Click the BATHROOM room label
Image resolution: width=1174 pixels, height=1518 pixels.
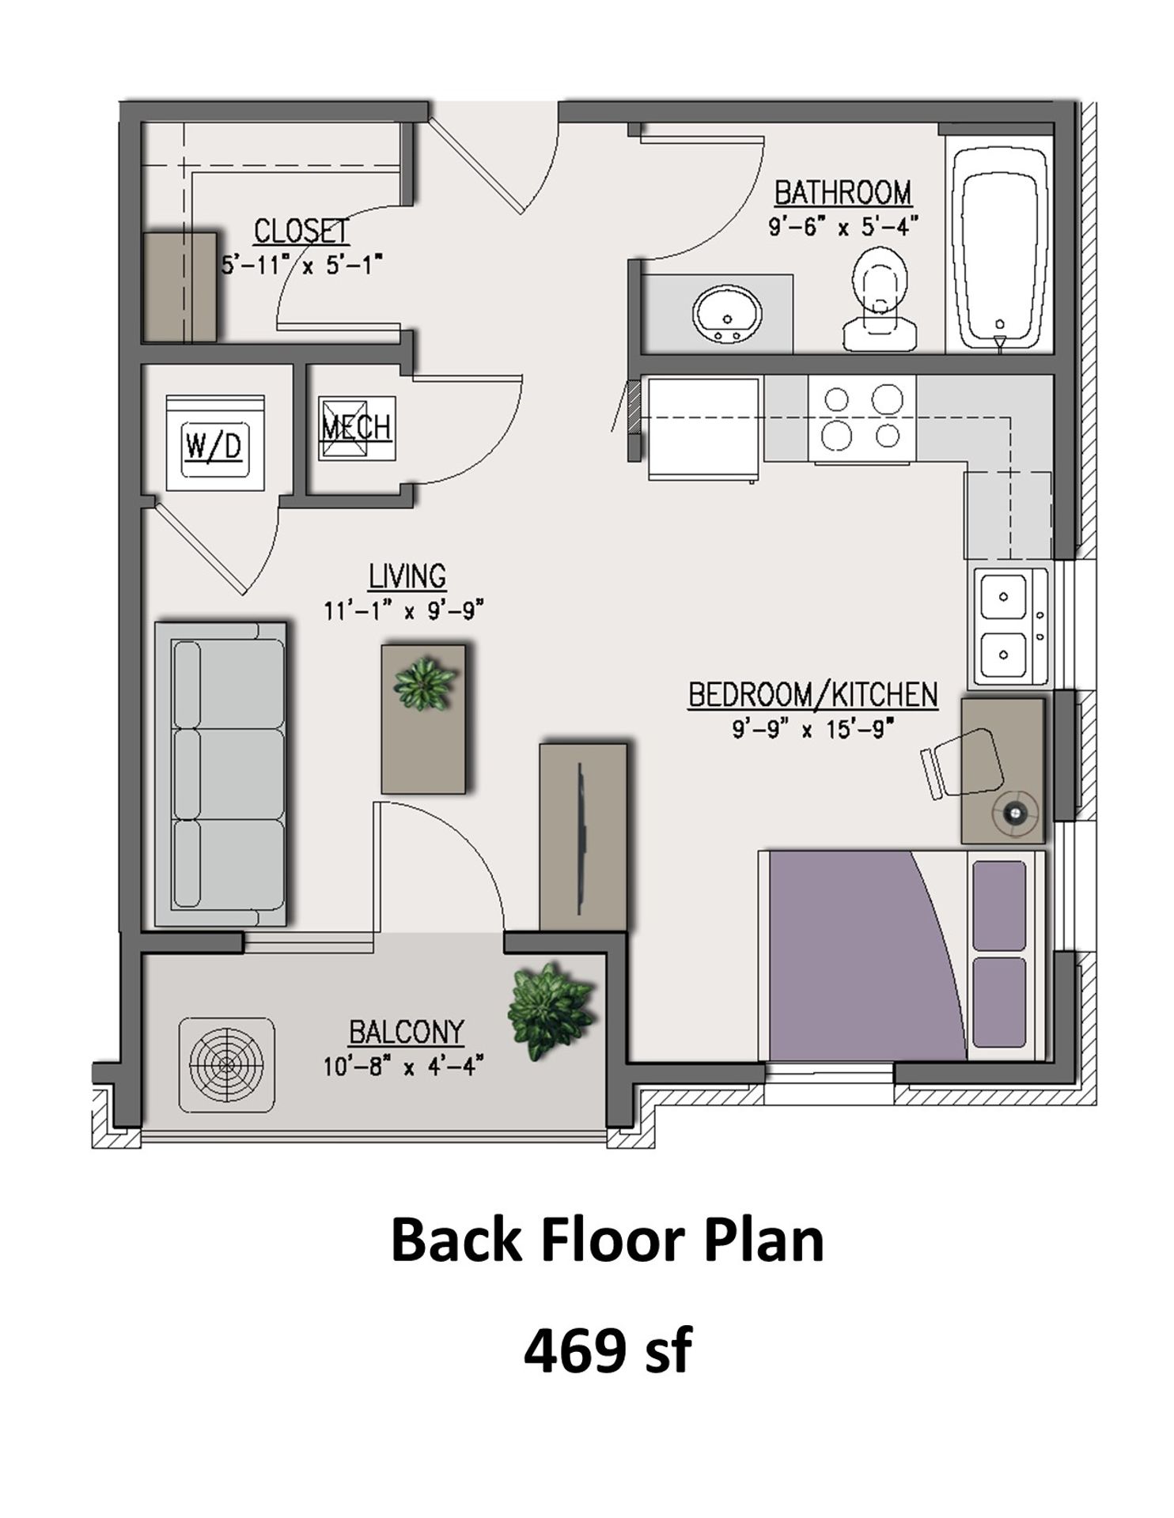(843, 193)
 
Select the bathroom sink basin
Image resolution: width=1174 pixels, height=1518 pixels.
(727, 315)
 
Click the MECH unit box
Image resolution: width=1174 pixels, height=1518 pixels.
(356, 428)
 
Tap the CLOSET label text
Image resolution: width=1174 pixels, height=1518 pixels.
(301, 231)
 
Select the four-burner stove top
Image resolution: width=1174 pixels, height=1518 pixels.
(862, 417)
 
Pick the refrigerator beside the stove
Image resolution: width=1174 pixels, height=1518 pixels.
(703, 428)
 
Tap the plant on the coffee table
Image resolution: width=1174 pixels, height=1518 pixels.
(425, 684)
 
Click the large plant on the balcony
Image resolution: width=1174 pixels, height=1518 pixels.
(549, 1011)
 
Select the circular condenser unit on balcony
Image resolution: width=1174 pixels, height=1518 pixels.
(227, 1064)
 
